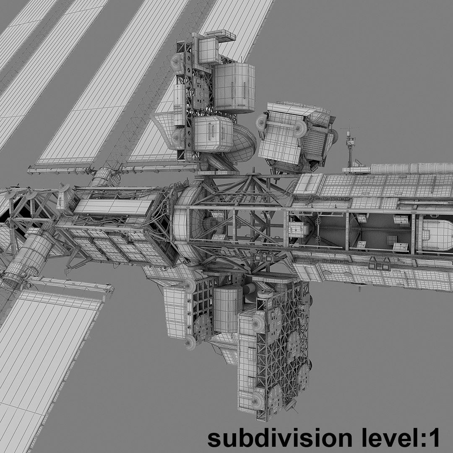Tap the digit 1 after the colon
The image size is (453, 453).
433,438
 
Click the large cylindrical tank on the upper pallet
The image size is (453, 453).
234,88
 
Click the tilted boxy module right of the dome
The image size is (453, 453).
294,134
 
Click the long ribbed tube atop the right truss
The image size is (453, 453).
411,168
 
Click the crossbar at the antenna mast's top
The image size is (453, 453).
349,128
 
